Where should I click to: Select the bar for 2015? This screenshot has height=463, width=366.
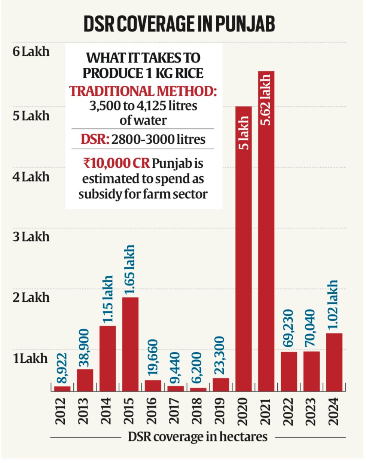tap(130, 344)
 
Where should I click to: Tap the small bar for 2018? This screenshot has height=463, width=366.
tap(198, 389)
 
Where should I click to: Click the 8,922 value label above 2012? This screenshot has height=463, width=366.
tap(62, 368)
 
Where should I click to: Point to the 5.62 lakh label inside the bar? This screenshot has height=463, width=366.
tap(266, 100)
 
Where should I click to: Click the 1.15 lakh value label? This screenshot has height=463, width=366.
tap(107, 299)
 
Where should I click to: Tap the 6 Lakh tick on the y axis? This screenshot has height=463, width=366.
tap(31, 51)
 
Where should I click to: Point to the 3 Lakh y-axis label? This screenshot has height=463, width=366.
tap(31, 237)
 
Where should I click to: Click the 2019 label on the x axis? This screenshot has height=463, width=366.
tap(220, 411)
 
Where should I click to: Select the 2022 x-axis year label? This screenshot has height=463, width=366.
tap(289, 411)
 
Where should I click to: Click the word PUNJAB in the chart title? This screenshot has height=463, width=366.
tap(245, 24)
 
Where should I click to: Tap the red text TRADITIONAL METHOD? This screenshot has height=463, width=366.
tap(143, 91)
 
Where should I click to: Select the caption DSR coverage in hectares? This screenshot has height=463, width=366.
tap(198, 437)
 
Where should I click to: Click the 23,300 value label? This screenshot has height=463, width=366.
tap(220, 355)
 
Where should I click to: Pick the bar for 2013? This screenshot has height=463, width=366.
tap(85, 380)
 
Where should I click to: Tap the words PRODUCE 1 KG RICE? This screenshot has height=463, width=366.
tap(143, 73)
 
